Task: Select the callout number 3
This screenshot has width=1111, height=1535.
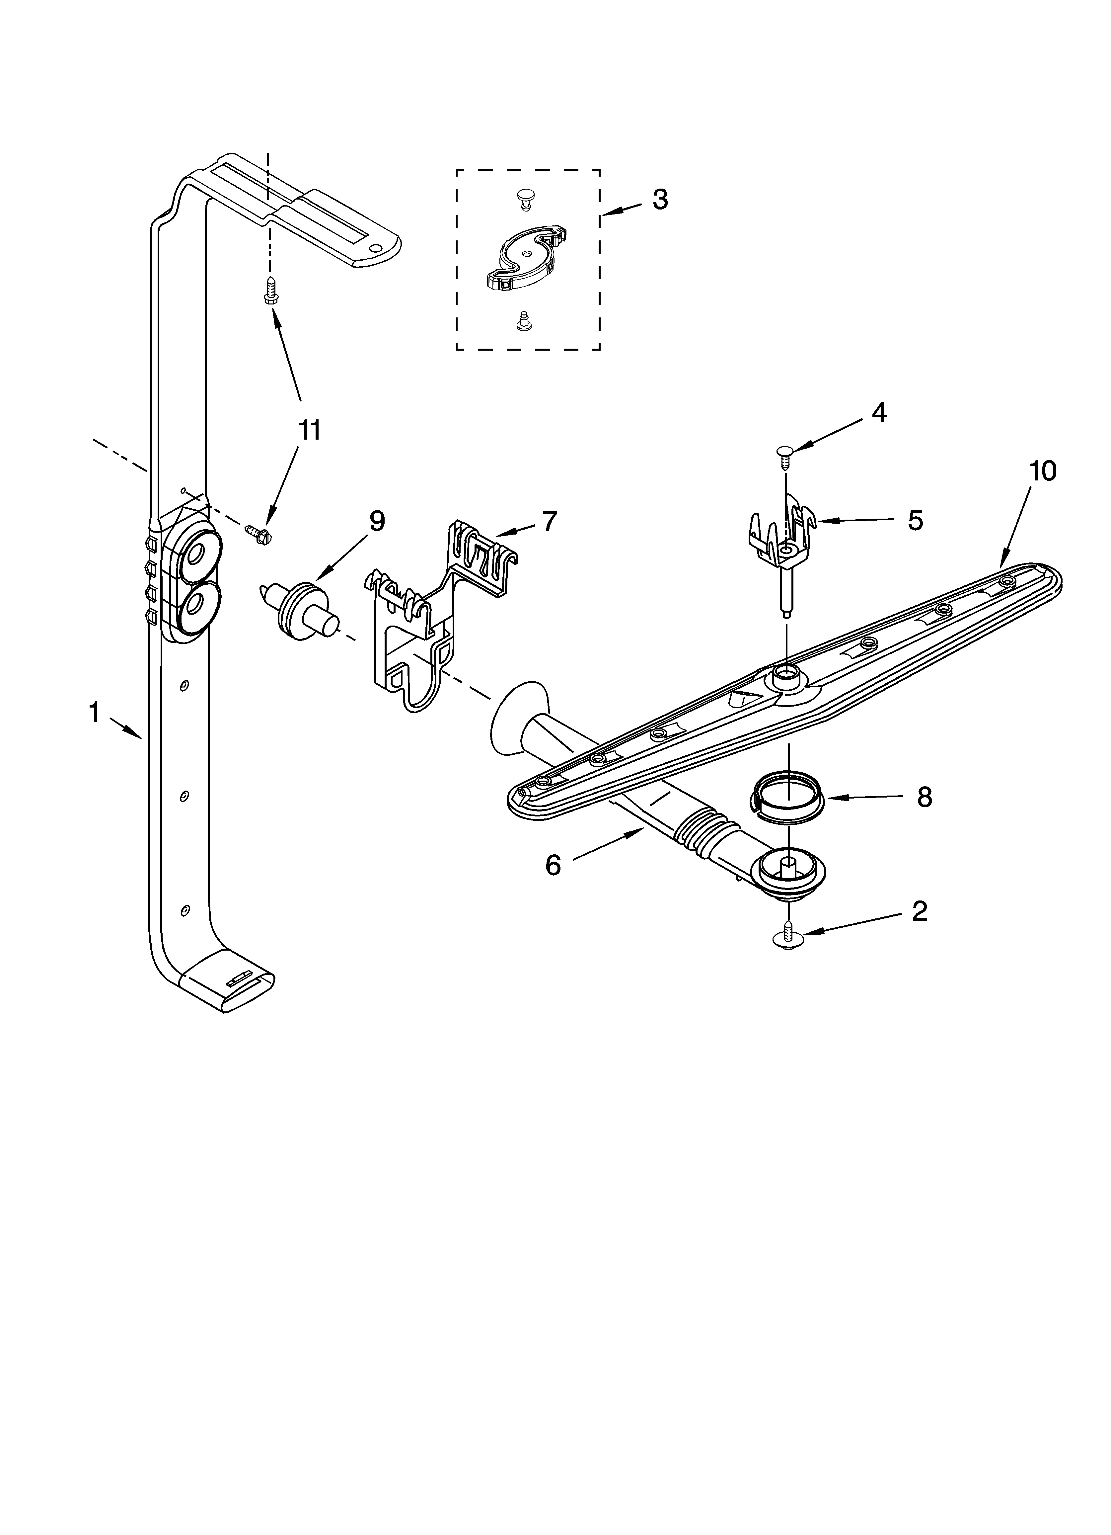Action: click(x=660, y=200)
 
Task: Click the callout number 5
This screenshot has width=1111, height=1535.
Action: click(x=915, y=520)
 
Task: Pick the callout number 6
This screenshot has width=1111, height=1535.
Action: click(x=554, y=865)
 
